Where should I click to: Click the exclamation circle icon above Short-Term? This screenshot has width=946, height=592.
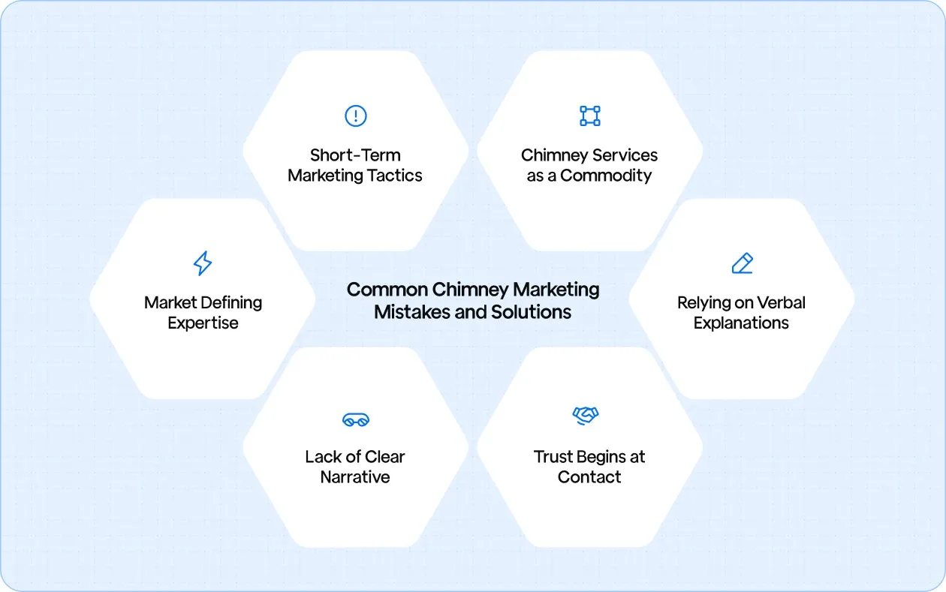(355, 116)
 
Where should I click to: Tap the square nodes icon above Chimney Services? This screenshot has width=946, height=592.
(590, 116)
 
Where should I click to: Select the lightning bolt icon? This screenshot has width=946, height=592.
(203, 263)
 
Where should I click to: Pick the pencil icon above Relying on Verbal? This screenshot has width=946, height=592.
(742, 263)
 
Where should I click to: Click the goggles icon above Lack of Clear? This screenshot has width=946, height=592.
(355, 419)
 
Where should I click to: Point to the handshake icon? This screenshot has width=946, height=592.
(585, 415)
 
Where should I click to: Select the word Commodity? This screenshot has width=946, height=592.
(606, 176)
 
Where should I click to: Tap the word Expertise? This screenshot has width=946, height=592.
(203, 323)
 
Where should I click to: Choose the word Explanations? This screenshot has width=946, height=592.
(741, 323)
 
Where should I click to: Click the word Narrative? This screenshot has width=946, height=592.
(355, 477)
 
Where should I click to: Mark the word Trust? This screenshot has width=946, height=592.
(552, 457)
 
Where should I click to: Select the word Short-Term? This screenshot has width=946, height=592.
(355, 155)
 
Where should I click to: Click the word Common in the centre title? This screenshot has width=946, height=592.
(384, 290)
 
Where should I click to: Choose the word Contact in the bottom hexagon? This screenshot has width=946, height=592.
(589, 477)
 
